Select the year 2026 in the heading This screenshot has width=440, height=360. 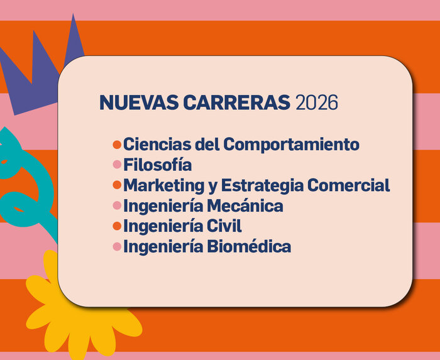coord(317,102)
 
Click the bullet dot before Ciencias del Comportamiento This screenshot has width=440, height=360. coord(116,145)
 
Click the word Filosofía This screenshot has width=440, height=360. coord(157,165)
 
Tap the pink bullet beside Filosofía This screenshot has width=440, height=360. coord(116,165)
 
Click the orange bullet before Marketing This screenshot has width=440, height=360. coord(116,185)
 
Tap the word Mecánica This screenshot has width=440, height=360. coord(251,205)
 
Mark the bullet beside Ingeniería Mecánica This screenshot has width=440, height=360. coord(116,206)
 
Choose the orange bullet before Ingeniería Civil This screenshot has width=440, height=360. coord(116,226)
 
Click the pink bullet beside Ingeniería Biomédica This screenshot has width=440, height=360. coord(116,247)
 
